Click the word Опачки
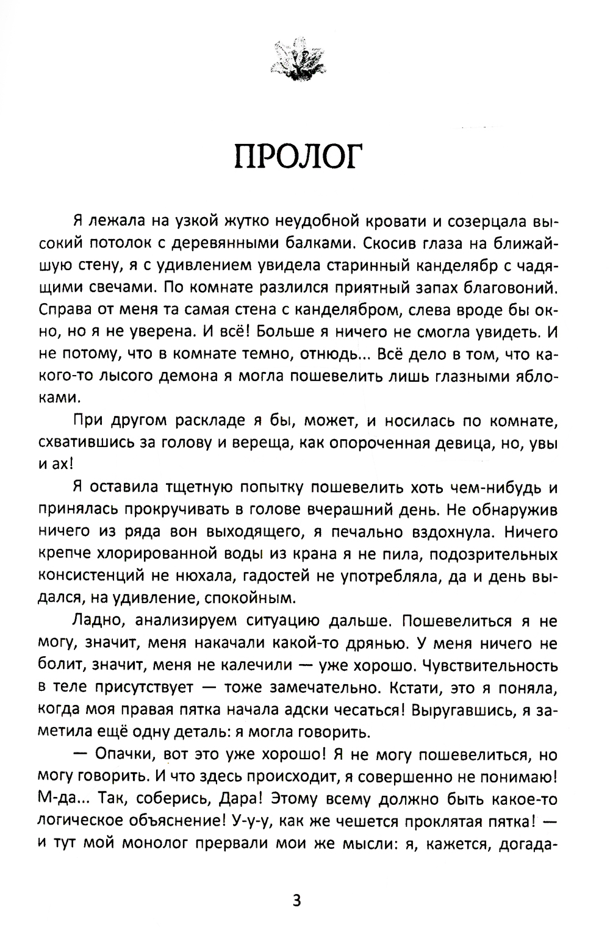(x=124, y=755)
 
